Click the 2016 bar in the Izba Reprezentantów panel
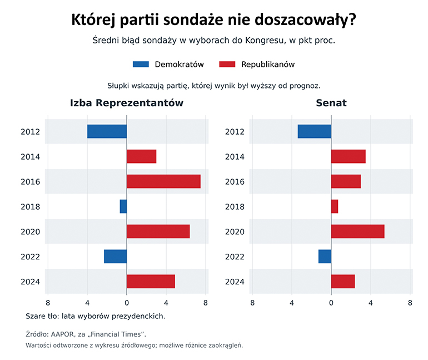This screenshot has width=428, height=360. [x=163, y=181]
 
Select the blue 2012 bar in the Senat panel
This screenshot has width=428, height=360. [x=315, y=131]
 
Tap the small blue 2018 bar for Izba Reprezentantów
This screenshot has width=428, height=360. [x=123, y=206]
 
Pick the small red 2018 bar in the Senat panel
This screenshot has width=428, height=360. [x=335, y=206]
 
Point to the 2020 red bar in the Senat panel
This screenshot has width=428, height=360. [x=358, y=231]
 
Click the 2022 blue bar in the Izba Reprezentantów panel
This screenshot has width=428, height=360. [x=116, y=257]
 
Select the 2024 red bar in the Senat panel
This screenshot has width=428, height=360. [x=343, y=282]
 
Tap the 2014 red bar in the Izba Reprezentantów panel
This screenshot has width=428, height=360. [x=141, y=156]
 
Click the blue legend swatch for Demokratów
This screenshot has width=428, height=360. [x=141, y=65]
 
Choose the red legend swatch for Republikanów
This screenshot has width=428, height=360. [x=227, y=65]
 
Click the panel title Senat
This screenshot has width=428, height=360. [x=331, y=103]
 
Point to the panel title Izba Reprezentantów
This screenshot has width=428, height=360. [x=127, y=103]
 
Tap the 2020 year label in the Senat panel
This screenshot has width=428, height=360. [x=235, y=231]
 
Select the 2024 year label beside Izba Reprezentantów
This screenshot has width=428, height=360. [x=31, y=282]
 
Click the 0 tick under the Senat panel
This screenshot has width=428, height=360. [x=331, y=303]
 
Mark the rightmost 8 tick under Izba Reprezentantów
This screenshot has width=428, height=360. [x=206, y=303]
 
